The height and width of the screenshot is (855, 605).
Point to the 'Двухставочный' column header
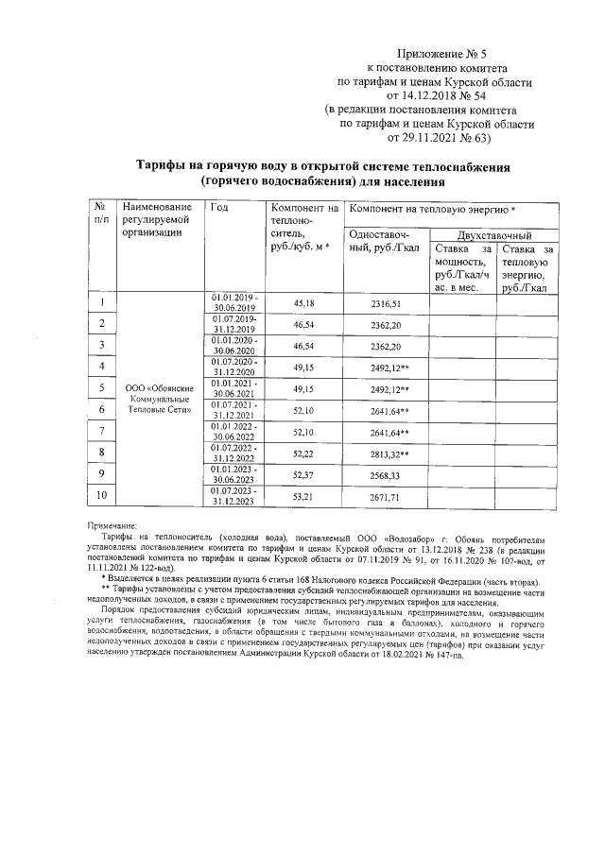(493, 234)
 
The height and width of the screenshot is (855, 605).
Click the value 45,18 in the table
(304, 303)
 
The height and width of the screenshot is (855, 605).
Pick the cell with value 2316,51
(386, 303)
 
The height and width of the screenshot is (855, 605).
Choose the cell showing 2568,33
(386, 474)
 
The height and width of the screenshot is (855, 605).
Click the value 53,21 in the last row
(304, 496)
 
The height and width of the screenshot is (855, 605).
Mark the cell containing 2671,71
(386, 496)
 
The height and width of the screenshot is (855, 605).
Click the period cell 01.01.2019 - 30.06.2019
(234, 303)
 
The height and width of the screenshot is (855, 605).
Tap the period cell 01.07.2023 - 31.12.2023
(234, 496)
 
